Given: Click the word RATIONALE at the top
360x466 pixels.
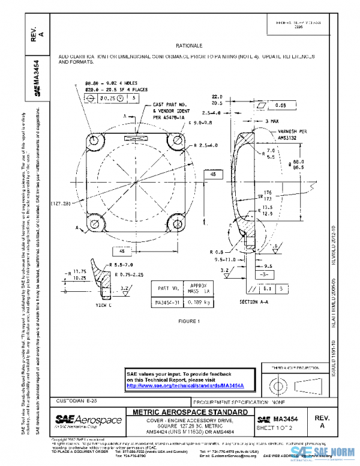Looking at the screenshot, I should click(x=189, y=46).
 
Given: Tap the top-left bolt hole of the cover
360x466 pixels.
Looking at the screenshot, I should click(x=95, y=139).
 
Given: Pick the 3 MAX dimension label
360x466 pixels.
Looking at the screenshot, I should click(x=276, y=121).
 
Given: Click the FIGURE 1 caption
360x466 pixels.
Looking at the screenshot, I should click(x=189, y=321).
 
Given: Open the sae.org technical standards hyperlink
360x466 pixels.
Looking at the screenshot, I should click(x=190, y=385).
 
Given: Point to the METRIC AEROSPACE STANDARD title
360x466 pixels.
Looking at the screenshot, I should click(x=189, y=412).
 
